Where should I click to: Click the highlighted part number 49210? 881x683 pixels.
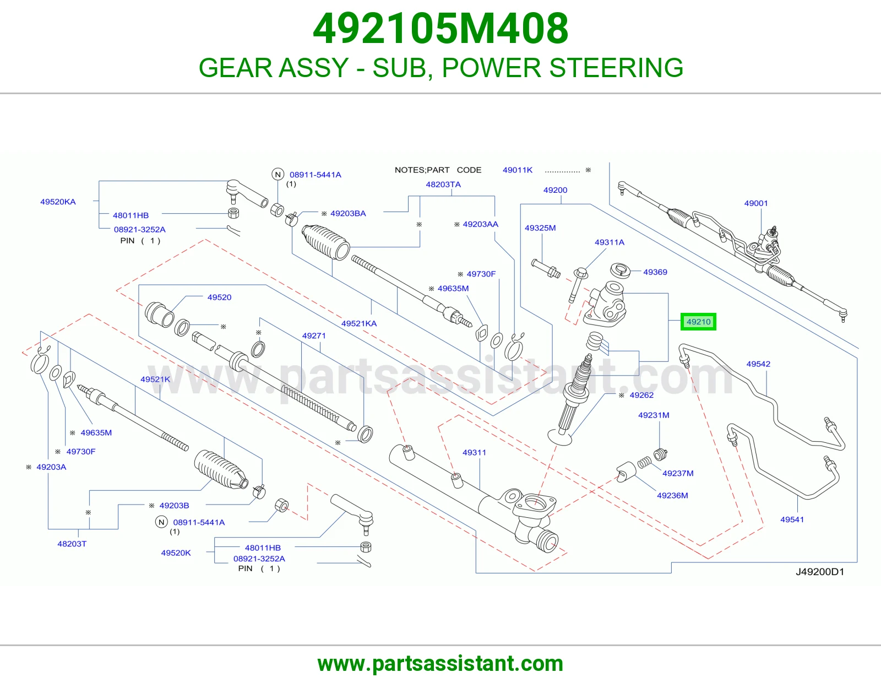coord(698,322)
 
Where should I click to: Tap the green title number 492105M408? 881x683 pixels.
coord(440,29)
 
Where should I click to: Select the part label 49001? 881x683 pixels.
coord(755,203)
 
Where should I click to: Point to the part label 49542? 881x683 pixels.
coord(758,364)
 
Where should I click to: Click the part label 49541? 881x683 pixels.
coord(792,519)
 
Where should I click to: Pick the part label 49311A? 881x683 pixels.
coord(610,242)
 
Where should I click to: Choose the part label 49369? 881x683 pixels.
coord(655,272)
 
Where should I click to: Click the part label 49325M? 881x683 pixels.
coord(540,228)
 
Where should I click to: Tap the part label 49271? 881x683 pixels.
coord(314,335)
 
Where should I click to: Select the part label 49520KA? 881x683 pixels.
coord(58,202)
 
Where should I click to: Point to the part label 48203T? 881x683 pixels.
coord(72,544)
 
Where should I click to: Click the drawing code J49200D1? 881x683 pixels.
coord(820,572)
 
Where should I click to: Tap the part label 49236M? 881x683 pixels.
coord(672,495)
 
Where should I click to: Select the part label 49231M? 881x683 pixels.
coord(654,415)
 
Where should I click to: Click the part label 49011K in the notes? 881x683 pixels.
coord(518,170)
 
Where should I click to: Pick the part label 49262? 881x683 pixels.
coord(641,395)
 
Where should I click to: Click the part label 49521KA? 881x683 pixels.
coord(359,323)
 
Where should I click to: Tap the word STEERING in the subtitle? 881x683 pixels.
coord(616,67)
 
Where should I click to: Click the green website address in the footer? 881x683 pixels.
coord(440,664)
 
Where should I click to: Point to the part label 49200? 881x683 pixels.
coord(555,190)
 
